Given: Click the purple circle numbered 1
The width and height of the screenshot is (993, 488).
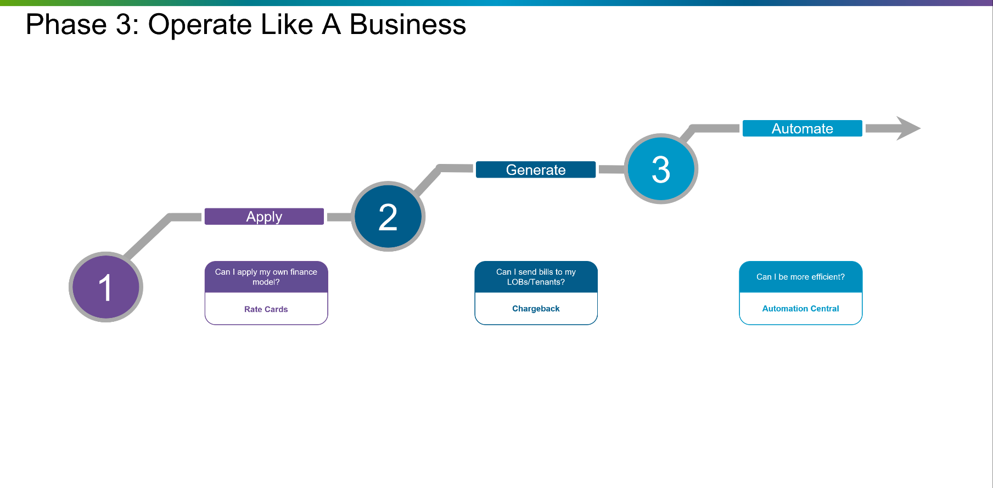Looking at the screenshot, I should [105, 287].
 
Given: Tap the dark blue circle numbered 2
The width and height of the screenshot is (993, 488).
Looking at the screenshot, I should [388, 217].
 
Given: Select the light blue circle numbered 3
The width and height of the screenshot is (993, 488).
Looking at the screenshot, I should [661, 169].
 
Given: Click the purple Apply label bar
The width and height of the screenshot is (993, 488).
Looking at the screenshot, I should [264, 217].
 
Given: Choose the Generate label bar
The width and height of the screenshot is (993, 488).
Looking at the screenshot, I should [535, 170].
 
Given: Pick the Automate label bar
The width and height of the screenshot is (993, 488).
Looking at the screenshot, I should [802, 129].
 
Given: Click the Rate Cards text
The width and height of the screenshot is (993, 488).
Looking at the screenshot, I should [266, 309].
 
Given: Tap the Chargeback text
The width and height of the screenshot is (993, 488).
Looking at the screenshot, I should [536, 309].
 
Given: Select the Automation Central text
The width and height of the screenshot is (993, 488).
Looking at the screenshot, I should [800, 309].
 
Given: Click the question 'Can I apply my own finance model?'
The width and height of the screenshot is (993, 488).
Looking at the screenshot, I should [266, 277].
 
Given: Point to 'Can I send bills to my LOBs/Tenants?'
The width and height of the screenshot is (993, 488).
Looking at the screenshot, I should [536, 277].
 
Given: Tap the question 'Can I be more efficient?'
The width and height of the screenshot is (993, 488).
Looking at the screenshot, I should [800, 277].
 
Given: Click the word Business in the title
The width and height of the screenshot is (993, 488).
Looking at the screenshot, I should [407, 25].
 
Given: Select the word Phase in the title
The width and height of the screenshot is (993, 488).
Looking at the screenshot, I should [66, 25].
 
